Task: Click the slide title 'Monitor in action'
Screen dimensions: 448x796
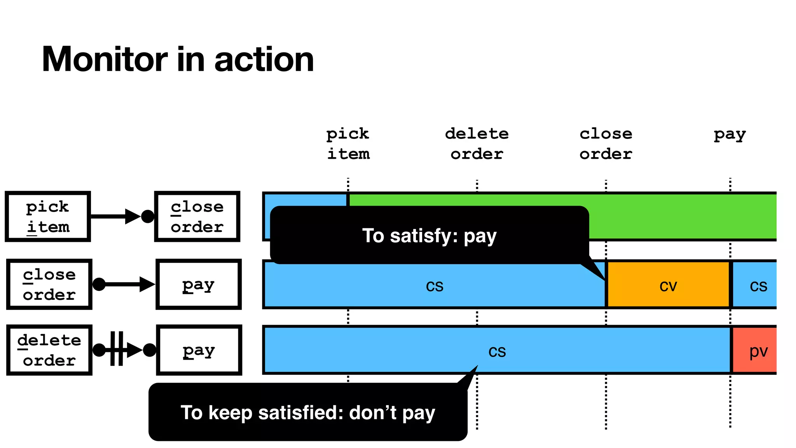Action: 178,59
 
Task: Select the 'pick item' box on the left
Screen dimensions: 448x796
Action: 48,217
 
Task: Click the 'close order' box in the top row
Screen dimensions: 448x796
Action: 197,217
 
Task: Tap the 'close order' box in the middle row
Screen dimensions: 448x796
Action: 49,284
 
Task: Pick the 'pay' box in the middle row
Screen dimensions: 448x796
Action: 199,284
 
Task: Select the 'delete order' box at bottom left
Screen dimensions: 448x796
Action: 49,350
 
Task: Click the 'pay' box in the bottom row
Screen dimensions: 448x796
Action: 199,350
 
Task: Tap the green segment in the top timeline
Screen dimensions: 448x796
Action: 680,216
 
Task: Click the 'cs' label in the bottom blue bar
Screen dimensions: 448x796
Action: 497,351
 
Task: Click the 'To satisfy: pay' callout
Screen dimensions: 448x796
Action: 429,236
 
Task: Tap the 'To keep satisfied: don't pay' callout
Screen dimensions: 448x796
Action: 308,412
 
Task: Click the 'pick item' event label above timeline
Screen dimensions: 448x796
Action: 348,143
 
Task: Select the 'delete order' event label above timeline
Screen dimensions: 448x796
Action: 477,143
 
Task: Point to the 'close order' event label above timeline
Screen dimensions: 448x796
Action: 606,143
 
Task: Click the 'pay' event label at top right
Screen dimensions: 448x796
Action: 730,135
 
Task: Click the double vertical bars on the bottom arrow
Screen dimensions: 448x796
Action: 117,348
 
